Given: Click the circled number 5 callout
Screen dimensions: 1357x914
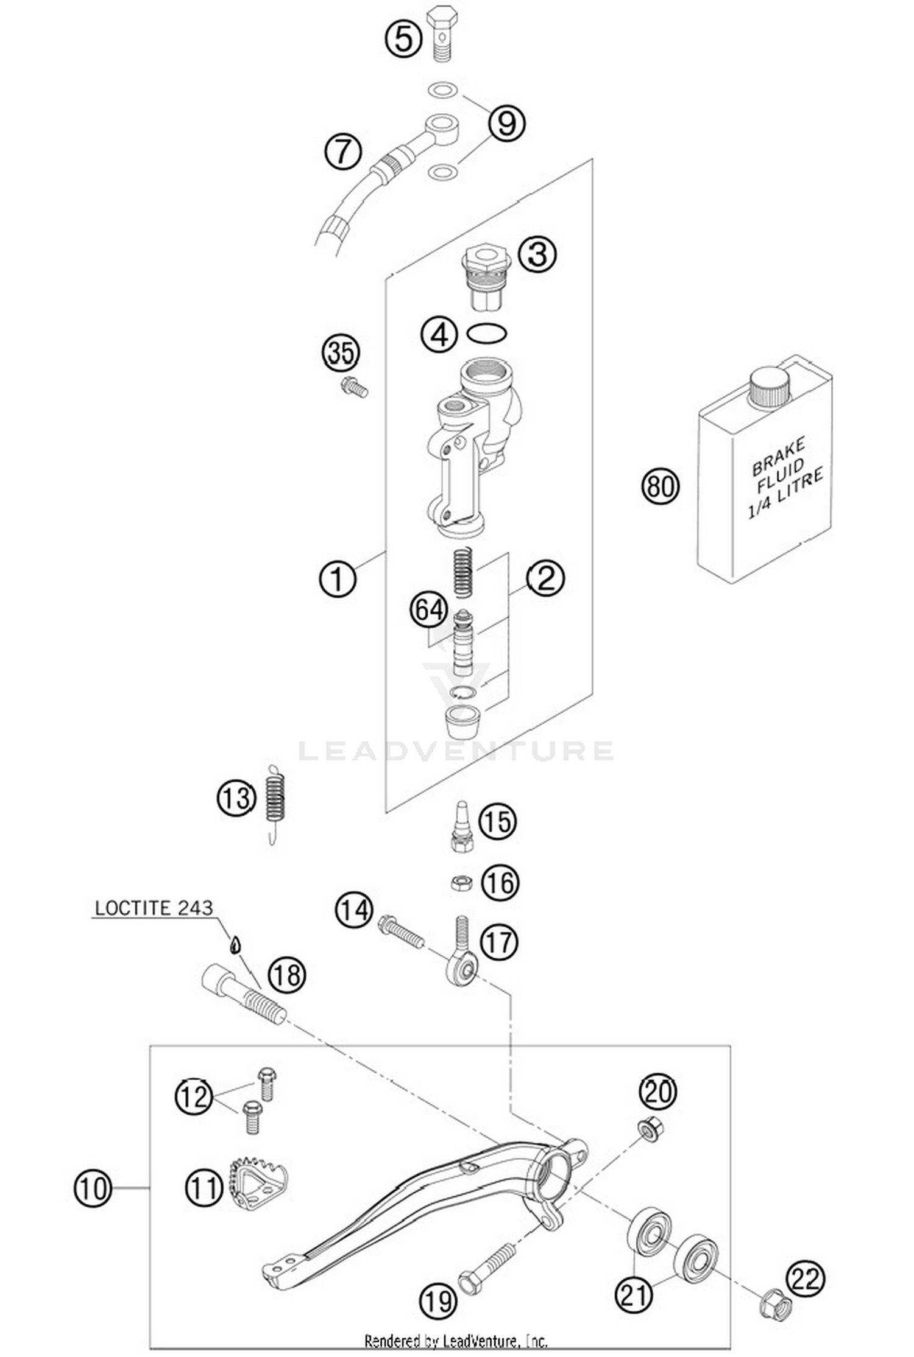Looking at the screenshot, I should [403, 39].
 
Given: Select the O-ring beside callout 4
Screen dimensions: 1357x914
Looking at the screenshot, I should [486, 333].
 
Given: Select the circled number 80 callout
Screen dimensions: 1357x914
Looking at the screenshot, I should [661, 486].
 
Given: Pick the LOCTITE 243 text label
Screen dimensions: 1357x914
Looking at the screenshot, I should [154, 908].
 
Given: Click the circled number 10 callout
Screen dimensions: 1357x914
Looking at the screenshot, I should [93, 1188].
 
